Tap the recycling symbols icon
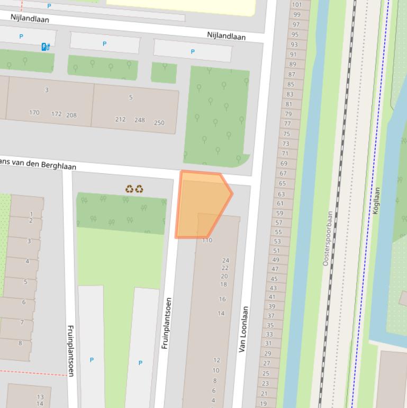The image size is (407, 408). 134,189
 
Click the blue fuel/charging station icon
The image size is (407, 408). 46,47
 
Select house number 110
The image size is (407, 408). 207,240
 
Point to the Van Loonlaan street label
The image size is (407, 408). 243,329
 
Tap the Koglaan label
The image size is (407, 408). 377,200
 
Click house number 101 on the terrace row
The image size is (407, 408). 296,5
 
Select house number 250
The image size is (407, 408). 159,123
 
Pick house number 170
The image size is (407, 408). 34,112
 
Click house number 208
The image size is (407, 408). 71,115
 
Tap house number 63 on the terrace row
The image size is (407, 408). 281,194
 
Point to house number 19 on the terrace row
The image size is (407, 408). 264,403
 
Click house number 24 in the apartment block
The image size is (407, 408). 225,260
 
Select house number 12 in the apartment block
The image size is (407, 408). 216,360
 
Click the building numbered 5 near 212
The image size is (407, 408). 131,97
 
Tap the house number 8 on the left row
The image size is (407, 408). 21,343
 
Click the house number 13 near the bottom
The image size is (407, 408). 40,397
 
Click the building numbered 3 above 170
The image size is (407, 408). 47,90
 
